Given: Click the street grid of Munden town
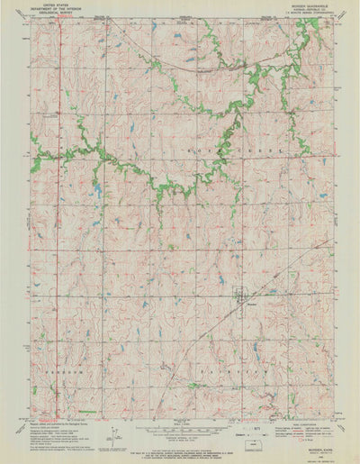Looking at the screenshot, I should tap(239, 293).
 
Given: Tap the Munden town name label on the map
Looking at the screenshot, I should tap(240, 305).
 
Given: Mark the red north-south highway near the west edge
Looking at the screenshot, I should tap(59, 225).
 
